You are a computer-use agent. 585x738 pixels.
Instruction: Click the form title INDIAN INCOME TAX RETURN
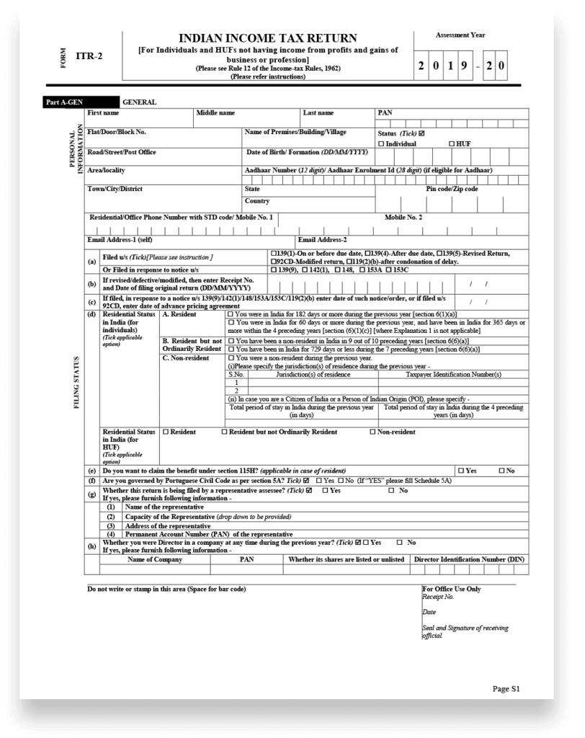pos(268,38)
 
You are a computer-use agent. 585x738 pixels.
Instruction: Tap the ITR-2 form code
pos(90,55)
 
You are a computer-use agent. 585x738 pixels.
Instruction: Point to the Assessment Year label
pos(460,35)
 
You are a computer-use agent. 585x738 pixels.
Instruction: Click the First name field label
pos(103,113)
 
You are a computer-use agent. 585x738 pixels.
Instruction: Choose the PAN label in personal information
pos(385,113)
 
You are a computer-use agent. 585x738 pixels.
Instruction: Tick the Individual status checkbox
pos(381,144)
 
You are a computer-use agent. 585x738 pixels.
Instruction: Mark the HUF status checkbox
pos(451,144)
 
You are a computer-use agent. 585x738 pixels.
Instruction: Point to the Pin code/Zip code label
pos(452,189)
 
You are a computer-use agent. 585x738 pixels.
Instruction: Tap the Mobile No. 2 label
pos(403,217)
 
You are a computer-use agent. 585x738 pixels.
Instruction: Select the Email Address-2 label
pos(323,239)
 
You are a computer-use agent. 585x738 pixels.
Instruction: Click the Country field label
pos(257,201)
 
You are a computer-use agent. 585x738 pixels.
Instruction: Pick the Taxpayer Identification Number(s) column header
pos(453,375)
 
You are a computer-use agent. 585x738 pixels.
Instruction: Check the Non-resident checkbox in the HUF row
pos(372,432)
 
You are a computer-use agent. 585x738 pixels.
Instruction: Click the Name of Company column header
pos(155,559)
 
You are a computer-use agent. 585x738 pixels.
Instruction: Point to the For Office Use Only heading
pos(452,589)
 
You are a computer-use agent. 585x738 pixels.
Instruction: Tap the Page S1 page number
pos(506,689)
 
